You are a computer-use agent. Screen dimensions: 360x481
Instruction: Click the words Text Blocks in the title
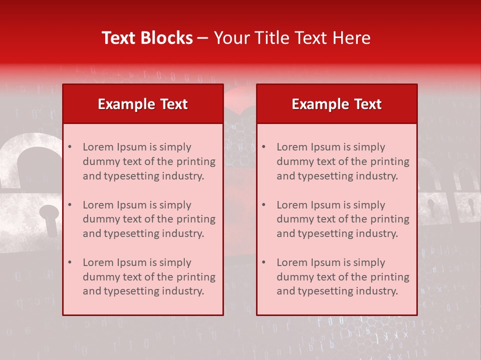(147, 38)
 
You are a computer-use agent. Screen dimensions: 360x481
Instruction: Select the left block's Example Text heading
(143, 104)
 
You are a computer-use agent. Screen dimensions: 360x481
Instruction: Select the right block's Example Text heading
(337, 104)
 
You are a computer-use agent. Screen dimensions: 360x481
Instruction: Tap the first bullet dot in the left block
(70, 147)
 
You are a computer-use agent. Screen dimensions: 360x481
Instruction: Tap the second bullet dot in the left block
(70, 205)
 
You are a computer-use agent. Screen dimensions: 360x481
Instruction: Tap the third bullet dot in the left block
(70, 262)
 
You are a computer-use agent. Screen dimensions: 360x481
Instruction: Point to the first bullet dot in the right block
(264, 147)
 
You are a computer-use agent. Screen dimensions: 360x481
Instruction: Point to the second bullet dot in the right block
(264, 205)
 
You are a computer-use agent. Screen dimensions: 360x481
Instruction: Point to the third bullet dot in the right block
(264, 262)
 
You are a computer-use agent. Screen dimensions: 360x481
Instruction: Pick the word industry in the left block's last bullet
(184, 291)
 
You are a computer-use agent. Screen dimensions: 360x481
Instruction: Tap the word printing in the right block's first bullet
(391, 161)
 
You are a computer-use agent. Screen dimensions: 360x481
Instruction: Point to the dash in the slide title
(203, 38)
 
